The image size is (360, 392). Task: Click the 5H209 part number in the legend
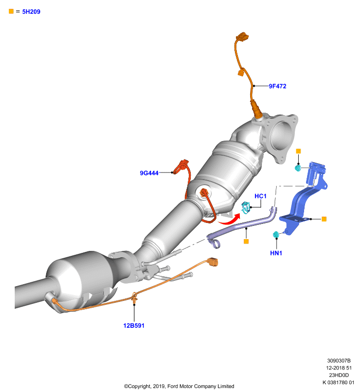click(x=31, y=11)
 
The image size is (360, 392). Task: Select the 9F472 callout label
click(x=278, y=86)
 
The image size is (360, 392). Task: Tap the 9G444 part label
click(x=149, y=173)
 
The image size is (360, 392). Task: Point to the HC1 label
click(x=260, y=196)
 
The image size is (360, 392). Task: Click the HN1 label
click(x=276, y=253)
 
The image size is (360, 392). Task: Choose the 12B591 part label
click(x=134, y=325)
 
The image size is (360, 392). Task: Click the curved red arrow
click(x=230, y=220)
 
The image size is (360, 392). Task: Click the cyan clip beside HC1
click(x=245, y=208)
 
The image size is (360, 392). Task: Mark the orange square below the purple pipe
click(x=246, y=241)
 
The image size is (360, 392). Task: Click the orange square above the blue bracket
click(x=298, y=151)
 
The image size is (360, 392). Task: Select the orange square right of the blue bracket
click(x=324, y=219)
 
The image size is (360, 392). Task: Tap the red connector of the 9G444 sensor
click(x=182, y=165)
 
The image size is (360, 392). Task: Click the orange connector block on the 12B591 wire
click(x=213, y=262)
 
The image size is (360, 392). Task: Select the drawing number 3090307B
click(x=339, y=361)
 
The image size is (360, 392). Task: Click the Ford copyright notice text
click(x=179, y=386)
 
